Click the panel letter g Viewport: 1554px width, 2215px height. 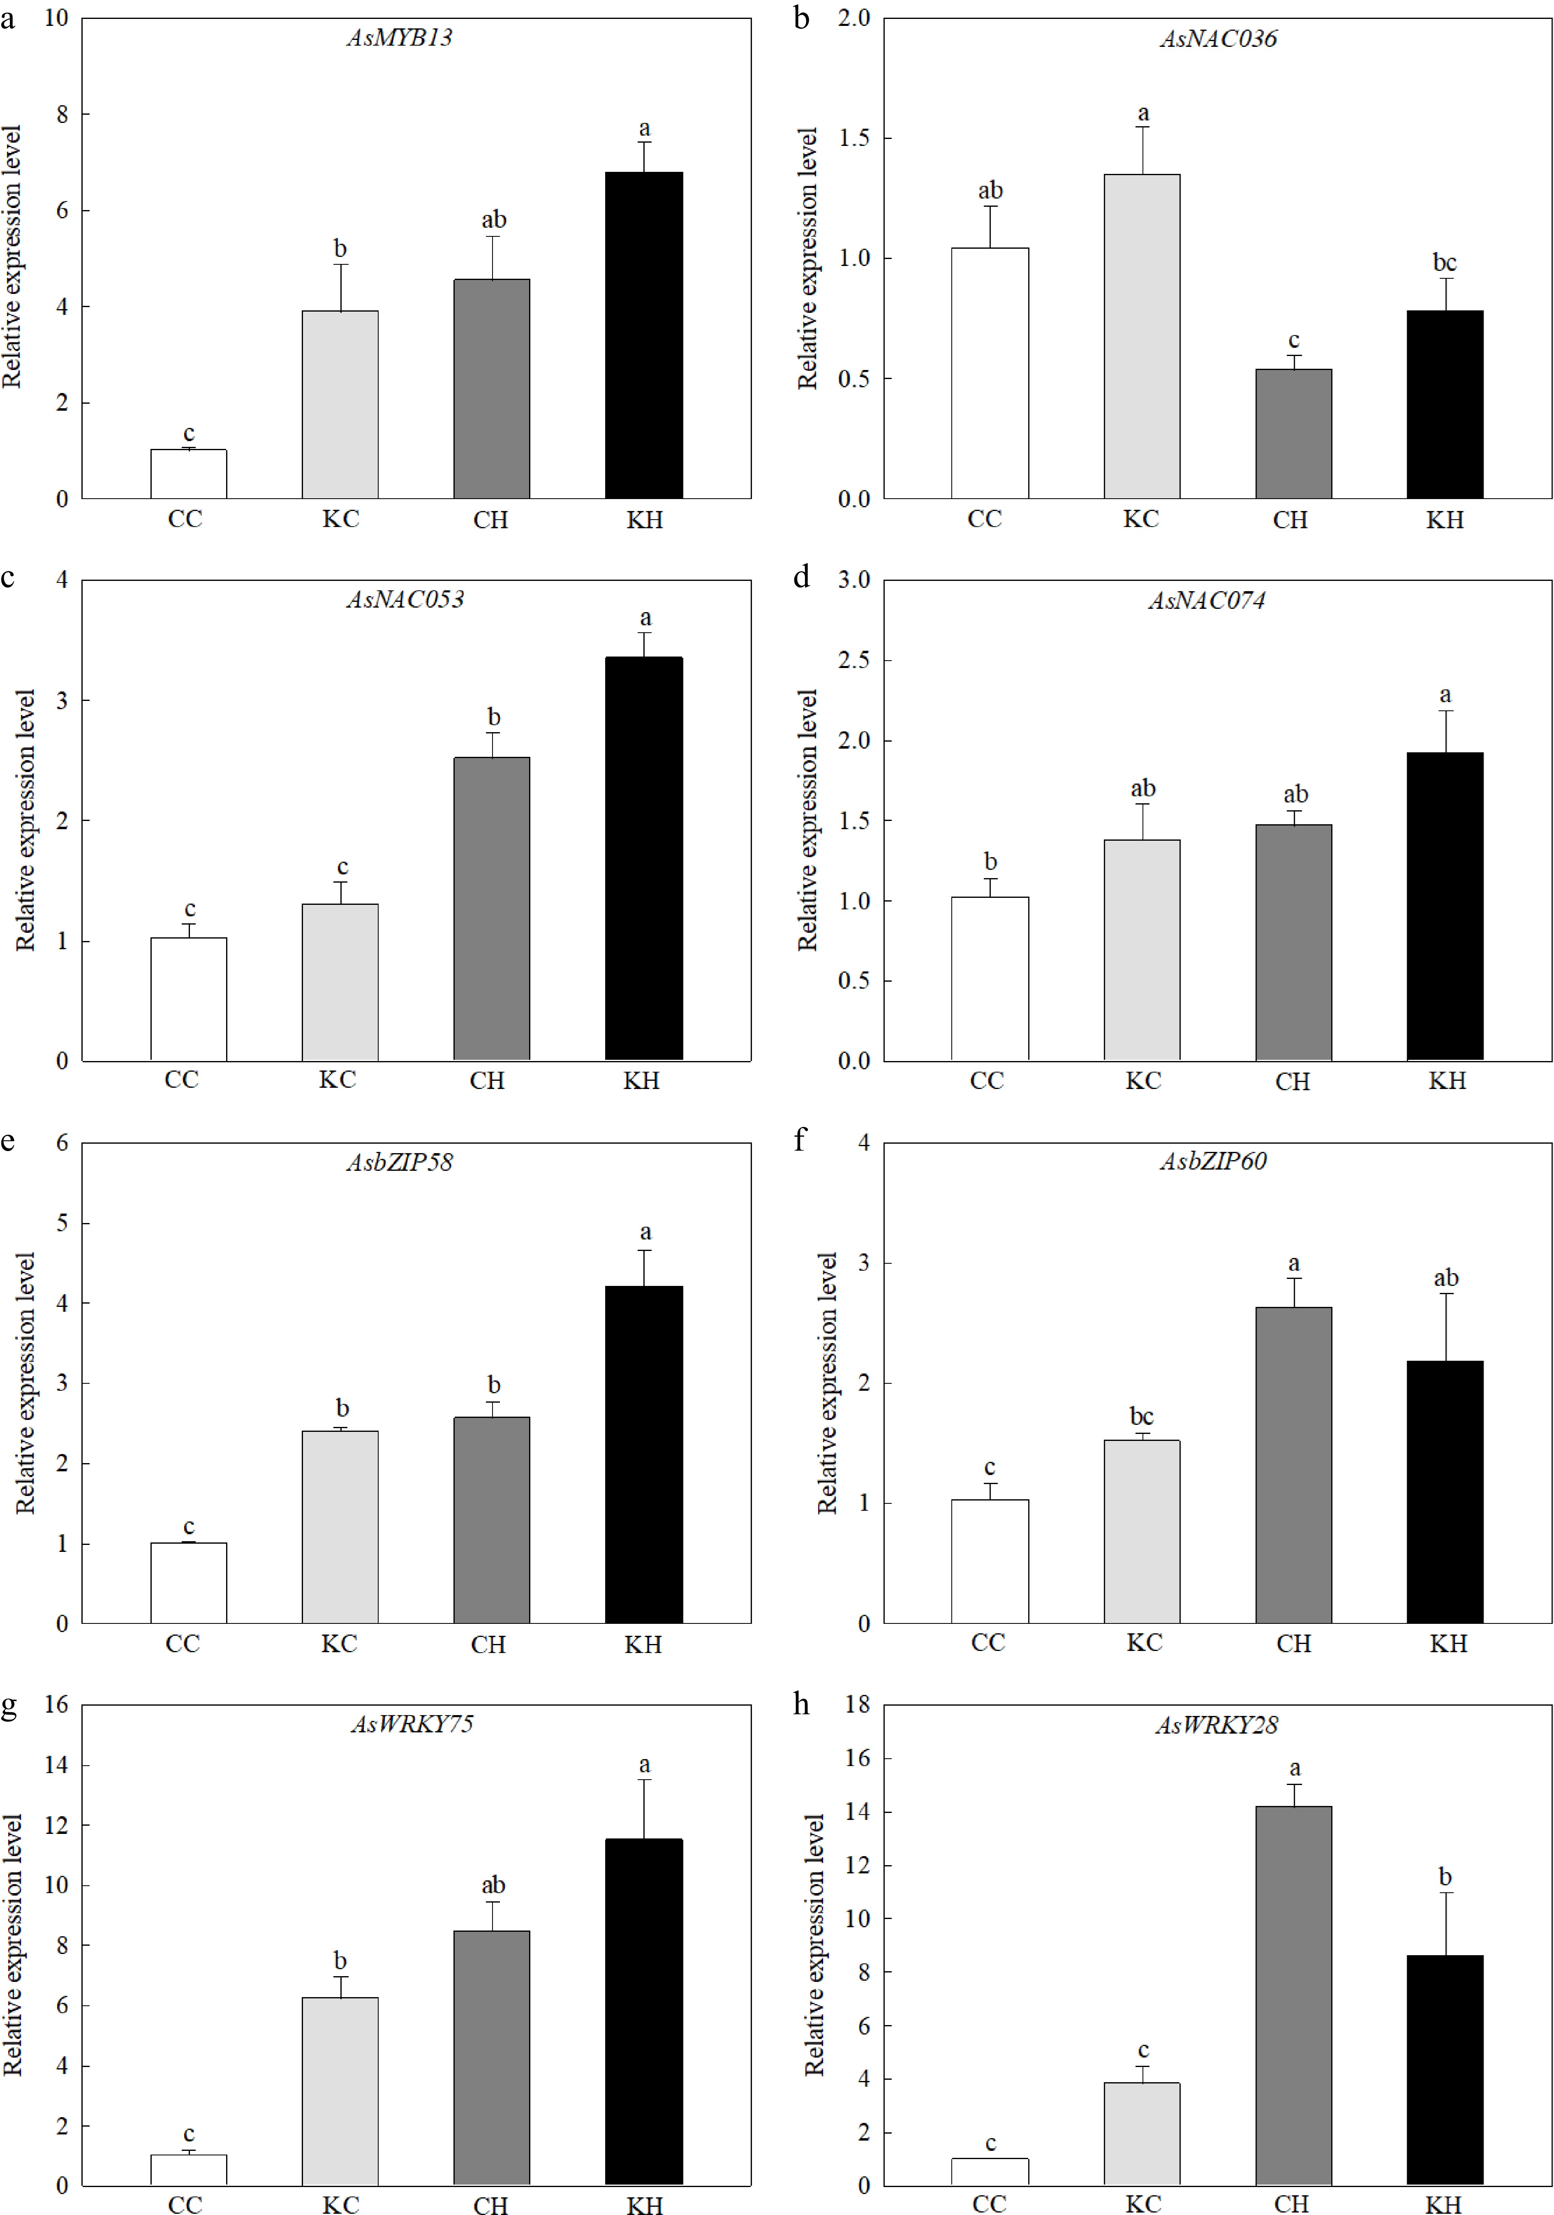point(9,1705)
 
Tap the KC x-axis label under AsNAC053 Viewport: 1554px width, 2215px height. point(338,1080)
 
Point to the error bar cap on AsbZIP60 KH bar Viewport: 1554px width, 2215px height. point(1445,1294)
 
